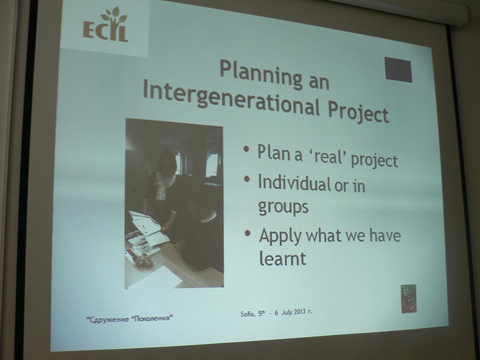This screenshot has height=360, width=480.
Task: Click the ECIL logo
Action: pyautogui.click(x=105, y=25)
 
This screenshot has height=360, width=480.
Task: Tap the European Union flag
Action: pyautogui.click(x=398, y=70)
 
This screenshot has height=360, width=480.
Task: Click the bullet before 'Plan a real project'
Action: pyautogui.click(x=246, y=149)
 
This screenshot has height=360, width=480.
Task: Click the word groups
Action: pyautogui.click(x=283, y=207)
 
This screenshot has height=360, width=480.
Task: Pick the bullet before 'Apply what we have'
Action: pyautogui.click(x=248, y=233)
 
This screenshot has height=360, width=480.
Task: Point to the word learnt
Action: pyautogui.click(x=282, y=259)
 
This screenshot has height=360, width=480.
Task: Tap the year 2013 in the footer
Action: pyautogui.click(x=299, y=312)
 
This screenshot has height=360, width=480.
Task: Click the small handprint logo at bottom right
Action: pyautogui.click(x=408, y=298)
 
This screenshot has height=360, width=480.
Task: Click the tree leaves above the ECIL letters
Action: pyautogui.click(x=114, y=16)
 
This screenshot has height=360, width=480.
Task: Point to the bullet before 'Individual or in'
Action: pyautogui.click(x=247, y=179)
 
